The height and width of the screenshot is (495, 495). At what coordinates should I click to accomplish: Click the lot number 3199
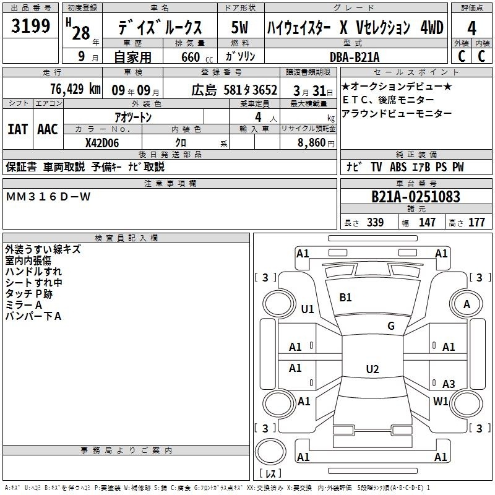pyautogui.click(x=30, y=26)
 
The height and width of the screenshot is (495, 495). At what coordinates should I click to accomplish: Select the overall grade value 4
pyautogui.click(x=471, y=28)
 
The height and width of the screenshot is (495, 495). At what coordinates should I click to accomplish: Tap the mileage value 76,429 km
pyautogui.click(x=75, y=89)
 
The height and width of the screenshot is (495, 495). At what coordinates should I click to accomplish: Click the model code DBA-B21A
pyautogui.click(x=355, y=57)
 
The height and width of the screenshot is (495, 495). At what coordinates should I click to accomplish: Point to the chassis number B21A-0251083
pyautogui.click(x=416, y=197)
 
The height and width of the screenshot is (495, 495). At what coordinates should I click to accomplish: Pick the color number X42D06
pyautogui.click(x=102, y=143)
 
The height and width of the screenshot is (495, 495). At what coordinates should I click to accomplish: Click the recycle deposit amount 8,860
pyautogui.click(x=311, y=143)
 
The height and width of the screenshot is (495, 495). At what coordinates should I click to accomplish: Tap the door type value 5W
pyautogui.click(x=239, y=27)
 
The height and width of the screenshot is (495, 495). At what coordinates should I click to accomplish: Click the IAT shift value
pyautogui.click(x=17, y=129)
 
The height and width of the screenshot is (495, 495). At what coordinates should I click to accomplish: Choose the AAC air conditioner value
pyautogui.click(x=48, y=129)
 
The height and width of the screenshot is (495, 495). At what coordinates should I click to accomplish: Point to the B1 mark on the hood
pyautogui.click(x=345, y=298)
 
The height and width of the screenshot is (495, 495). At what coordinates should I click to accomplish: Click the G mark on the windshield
pyautogui.click(x=391, y=326)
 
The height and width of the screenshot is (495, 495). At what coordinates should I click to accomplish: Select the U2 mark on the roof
pyautogui.click(x=372, y=369)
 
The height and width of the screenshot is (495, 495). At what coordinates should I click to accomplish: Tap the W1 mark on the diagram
pyautogui.click(x=441, y=401)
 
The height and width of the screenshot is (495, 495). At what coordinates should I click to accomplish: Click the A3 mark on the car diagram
pyautogui.click(x=449, y=384)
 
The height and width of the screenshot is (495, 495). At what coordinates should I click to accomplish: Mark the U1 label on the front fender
pyautogui.click(x=308, y=309)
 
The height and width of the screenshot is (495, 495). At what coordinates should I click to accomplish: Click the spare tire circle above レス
pyautogui.click(x=270, y=452)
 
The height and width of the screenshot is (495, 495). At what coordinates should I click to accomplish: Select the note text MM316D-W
pyautogui.click(x=48, y=197)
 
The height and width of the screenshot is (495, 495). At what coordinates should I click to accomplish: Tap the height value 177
pyautogui.click(x=476, y=222)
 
